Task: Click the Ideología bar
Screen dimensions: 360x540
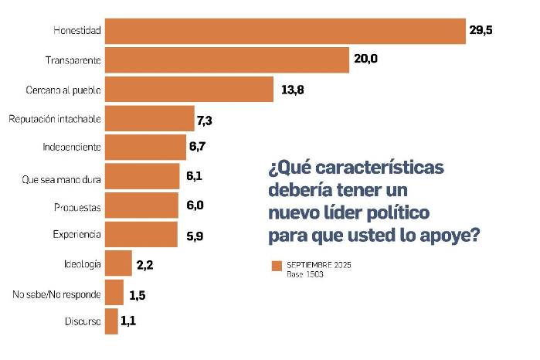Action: tap(118, 263)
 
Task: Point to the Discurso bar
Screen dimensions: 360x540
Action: tap(111, 321)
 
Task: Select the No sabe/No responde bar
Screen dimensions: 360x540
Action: tap(114, 293)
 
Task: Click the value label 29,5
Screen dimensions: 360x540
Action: tap(481, 31)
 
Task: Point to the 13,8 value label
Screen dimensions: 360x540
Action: tap(292, 90)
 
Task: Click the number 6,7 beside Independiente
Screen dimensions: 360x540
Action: tap(199, 147)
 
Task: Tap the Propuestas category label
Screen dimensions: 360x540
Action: tap(76, 208)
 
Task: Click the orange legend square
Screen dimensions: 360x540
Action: tap(276, 266)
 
